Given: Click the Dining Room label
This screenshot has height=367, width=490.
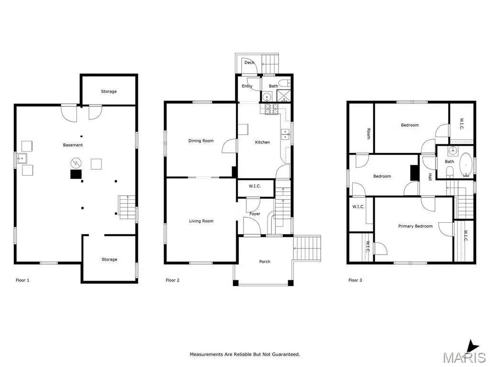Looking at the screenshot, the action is click(201, 141).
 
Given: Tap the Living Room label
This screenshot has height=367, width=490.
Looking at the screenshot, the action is click(201, 221).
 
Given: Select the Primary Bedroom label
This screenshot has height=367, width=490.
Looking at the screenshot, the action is click(415, 226).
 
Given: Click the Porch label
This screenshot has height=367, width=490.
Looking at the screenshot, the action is click(265, 261).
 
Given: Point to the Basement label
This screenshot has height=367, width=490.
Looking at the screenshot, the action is click(73, 145).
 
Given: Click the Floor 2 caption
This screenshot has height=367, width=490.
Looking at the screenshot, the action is click(172, 280).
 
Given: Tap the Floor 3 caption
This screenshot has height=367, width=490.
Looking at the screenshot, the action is click(356, 280).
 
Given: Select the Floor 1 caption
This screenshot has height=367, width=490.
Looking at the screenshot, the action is click(22, 280).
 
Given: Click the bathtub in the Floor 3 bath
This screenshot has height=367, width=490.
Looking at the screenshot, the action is click(466, 165).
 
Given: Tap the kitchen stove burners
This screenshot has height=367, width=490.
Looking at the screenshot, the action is click(271, 109).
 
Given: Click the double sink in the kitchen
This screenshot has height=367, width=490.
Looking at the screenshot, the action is click(285, 134).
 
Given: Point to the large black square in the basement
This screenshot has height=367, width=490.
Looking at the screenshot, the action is click(76, 174).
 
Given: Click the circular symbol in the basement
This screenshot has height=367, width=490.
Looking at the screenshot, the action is click(76, 162).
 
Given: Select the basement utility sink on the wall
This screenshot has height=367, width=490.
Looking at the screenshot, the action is click(21, 159).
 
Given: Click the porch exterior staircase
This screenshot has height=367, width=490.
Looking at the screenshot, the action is click(308, 248).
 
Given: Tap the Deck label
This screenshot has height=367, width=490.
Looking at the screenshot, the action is click(249, 63).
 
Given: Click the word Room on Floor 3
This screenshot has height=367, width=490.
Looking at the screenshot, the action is click(368, 134).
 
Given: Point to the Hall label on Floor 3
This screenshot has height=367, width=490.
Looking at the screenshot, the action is click(430, 177).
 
